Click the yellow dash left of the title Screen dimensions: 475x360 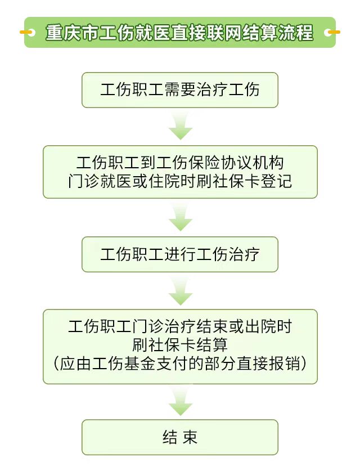27,32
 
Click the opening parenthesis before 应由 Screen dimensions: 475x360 57,363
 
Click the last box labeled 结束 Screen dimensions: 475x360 180,437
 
